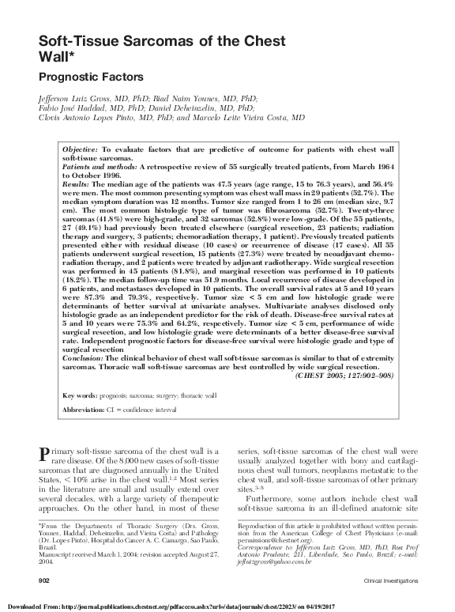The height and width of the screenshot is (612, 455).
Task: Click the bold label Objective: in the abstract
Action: click(80, 148)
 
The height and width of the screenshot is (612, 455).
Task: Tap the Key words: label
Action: click(80, 395)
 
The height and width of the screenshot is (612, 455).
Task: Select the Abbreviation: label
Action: click(84, 411)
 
